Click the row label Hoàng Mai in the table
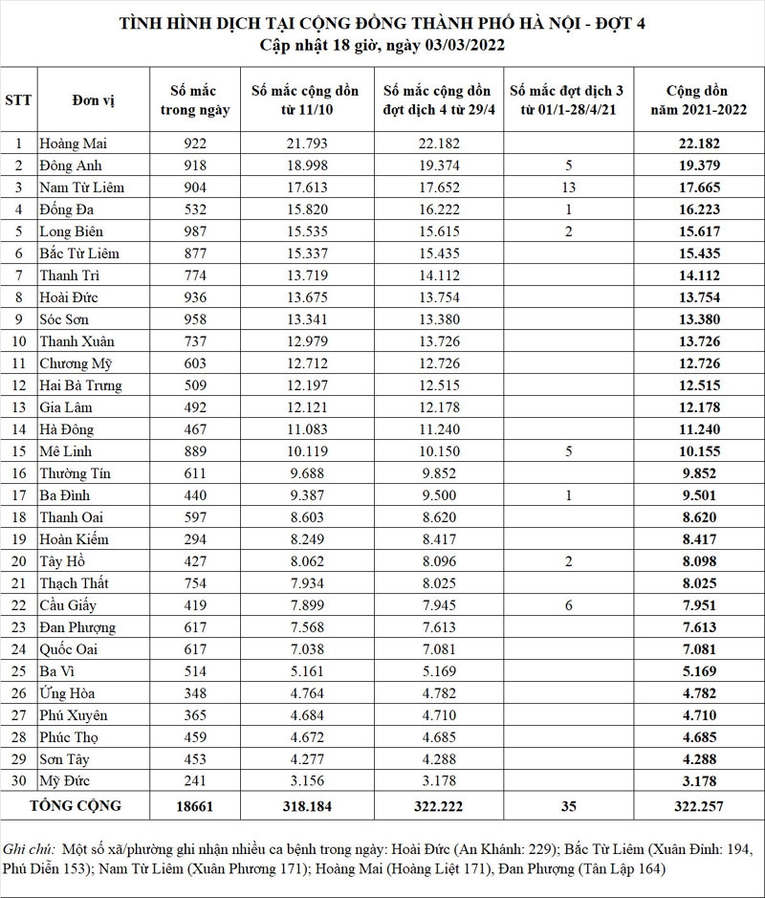[x=74, y=143]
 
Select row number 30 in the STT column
[x=17, y=781]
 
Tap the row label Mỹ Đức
[x=66, y=781]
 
